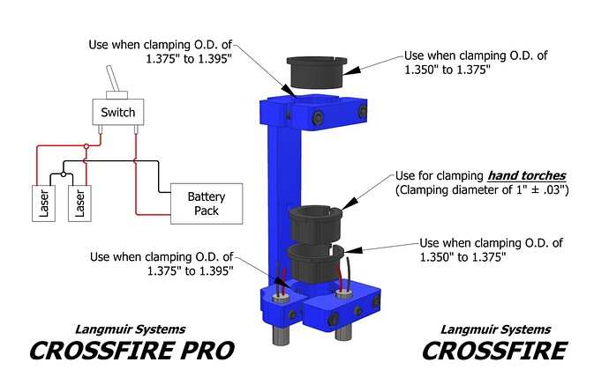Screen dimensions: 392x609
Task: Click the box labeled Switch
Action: pos(117,113)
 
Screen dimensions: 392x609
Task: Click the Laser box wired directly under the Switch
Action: pos(81,203)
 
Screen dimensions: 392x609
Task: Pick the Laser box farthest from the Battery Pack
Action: pos(44,203)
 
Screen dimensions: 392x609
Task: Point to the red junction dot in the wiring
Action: pos(85,146)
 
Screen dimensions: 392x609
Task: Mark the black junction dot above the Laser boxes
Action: pos(64,174)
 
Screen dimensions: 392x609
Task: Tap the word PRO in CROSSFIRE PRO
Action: pos(206,351)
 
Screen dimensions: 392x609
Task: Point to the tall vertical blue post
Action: pos(280,194)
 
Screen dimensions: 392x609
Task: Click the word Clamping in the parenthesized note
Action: pos(427,189)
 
